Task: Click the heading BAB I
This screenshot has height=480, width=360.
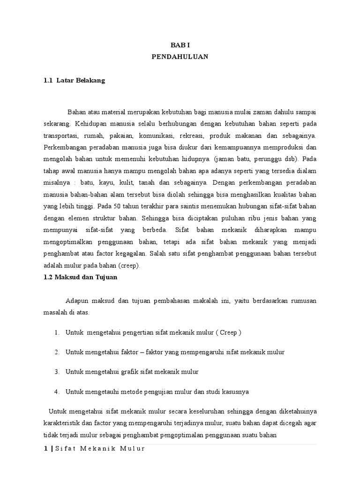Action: (180, 45)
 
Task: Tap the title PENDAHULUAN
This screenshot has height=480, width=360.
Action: (180, 57)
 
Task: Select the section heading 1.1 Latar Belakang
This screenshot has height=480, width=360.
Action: (74, 81)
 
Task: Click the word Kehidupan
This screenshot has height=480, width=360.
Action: (90, 124)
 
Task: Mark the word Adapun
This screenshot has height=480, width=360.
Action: (75, 300)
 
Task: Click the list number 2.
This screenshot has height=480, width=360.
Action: (56, 352)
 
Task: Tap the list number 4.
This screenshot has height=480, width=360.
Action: (56, 391)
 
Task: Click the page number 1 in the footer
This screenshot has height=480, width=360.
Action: (45, 449)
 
